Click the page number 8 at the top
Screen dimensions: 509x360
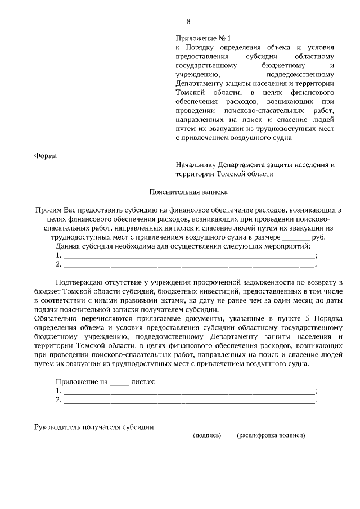tap(188, 22)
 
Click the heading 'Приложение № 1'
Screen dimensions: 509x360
tap(200, 38)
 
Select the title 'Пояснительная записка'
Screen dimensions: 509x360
tap(188, 191)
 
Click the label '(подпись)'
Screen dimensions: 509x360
tap(207, 435)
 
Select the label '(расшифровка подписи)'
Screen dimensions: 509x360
tap(271, 435)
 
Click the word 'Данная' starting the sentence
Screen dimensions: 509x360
tap(67, 246)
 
